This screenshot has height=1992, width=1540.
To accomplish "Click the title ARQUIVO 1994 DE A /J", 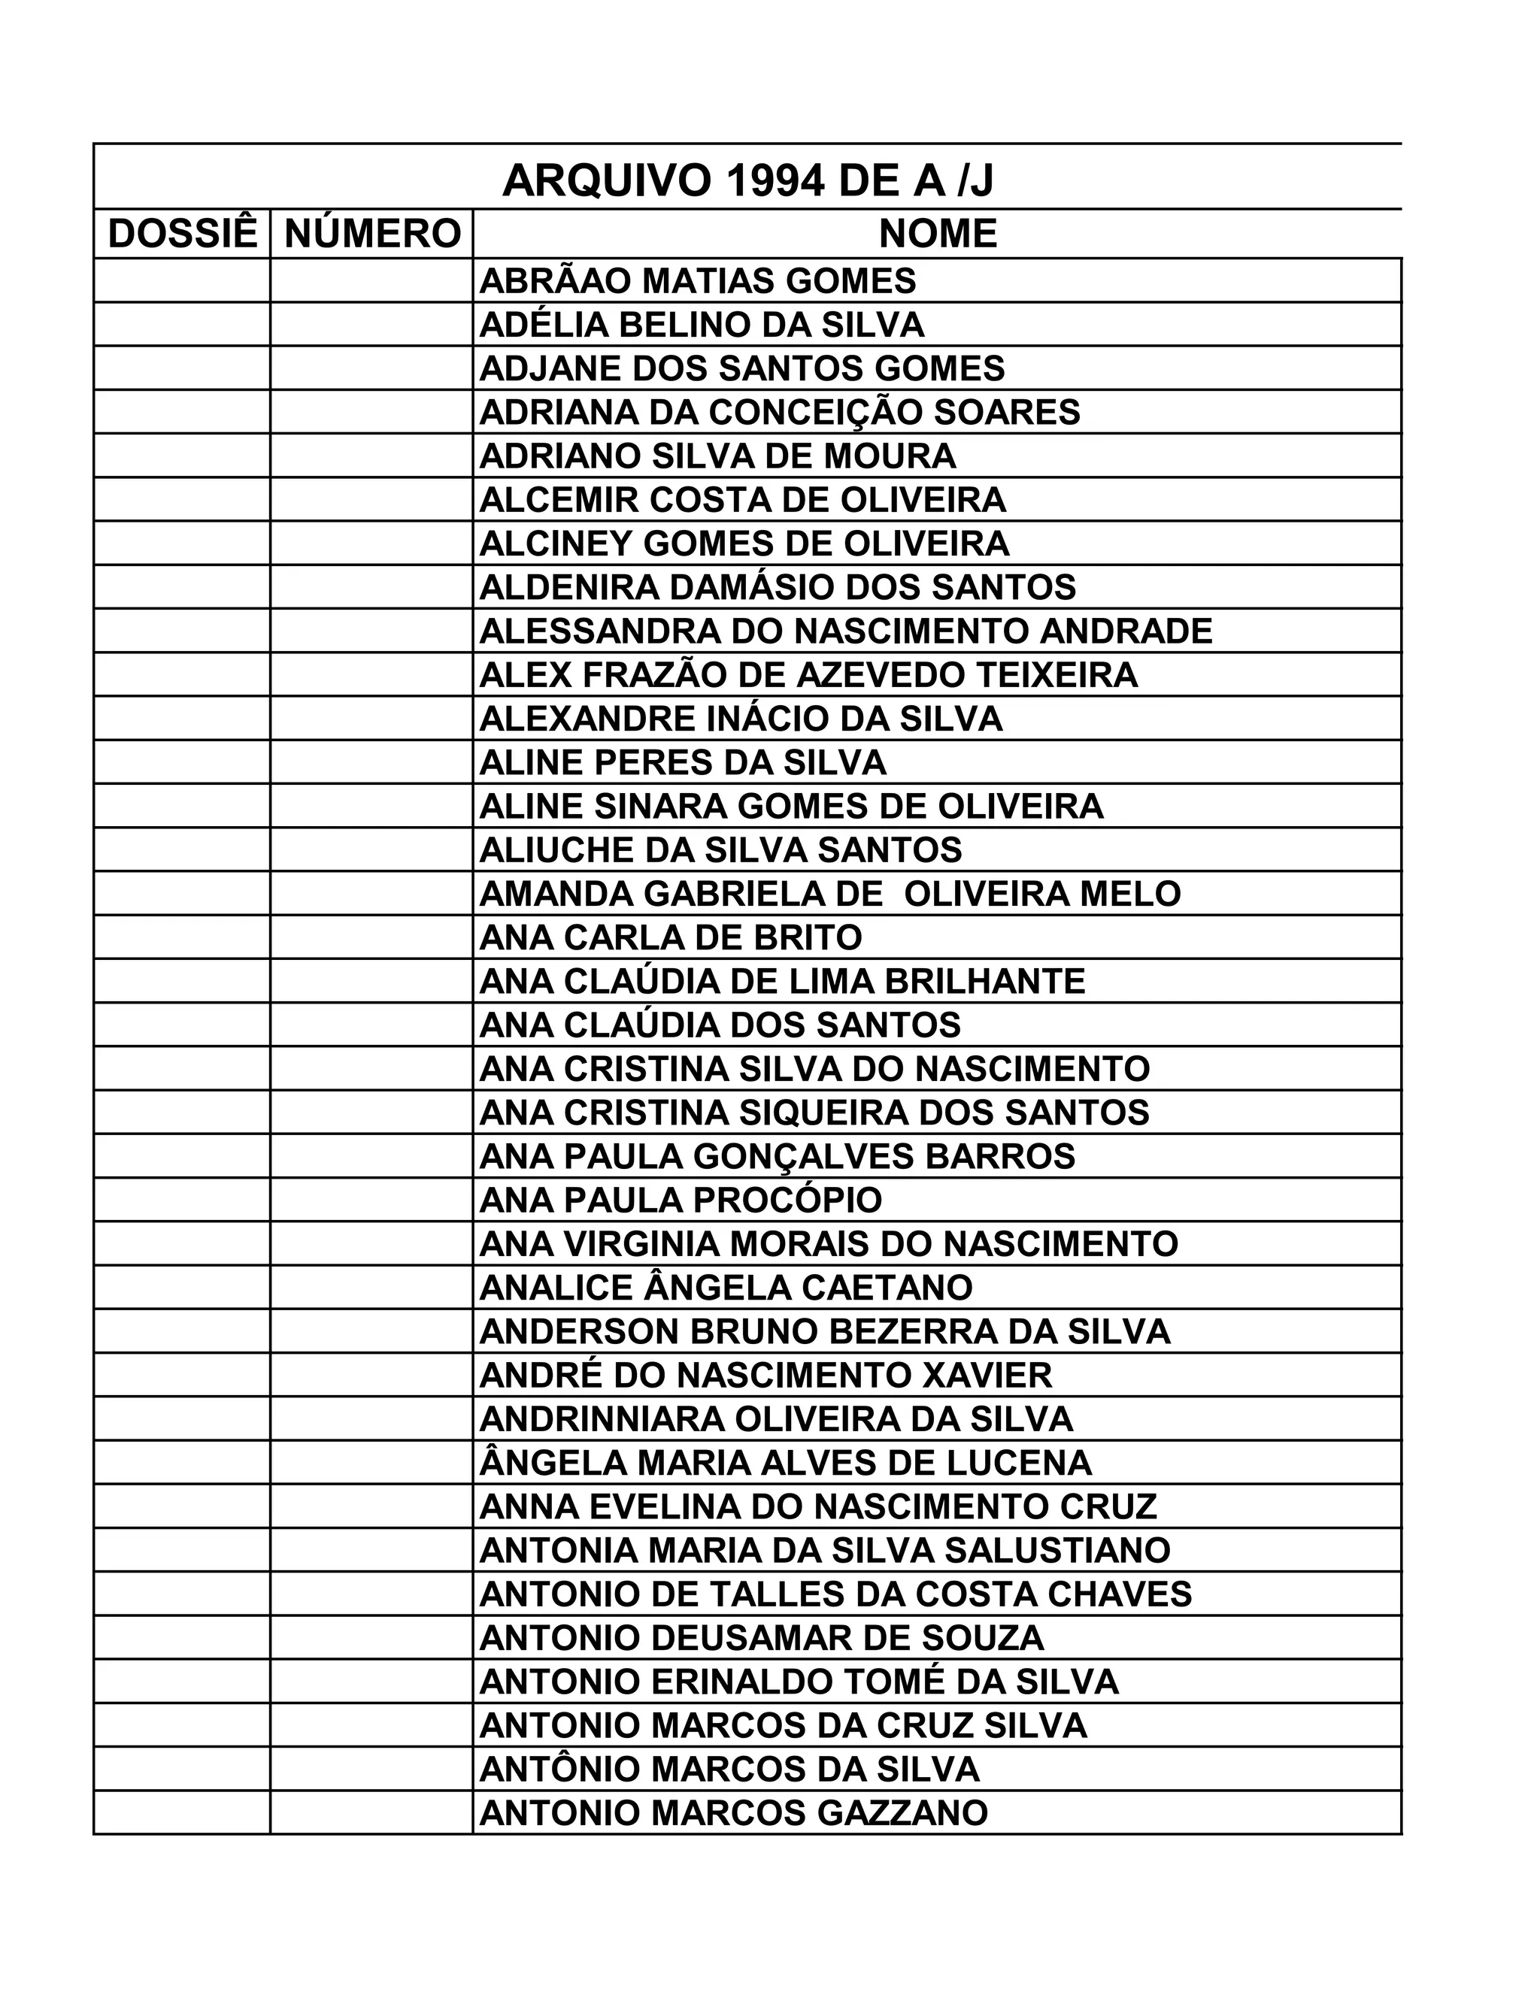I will (747, 180).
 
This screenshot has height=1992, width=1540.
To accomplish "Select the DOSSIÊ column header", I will (183, 234).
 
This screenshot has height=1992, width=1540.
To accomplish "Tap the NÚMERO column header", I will (372, 234).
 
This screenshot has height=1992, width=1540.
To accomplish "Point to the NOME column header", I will (937, 234).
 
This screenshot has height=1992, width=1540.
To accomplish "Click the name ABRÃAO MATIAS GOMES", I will (697, 281).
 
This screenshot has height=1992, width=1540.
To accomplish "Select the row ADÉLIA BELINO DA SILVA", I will (702, 325).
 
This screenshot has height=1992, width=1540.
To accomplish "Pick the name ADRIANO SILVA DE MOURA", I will (717, 456).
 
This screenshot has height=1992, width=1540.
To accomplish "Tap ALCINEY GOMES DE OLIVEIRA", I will (744, 543).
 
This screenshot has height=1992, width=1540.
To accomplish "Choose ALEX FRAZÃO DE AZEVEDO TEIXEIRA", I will (808, 675).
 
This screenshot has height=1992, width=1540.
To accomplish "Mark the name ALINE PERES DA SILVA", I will (683, 762).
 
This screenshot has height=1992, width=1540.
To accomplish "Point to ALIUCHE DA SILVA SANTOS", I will (720, 850).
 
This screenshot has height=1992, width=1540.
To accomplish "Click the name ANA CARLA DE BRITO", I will (671, 937).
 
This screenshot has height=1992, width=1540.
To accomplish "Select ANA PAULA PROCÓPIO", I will (681, 1200).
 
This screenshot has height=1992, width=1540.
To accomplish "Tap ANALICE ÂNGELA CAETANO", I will (726, 1288).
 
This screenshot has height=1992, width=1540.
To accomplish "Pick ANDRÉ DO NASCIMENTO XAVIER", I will (765, 1376).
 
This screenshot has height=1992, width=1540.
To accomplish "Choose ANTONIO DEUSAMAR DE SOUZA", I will (761, 1638).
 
